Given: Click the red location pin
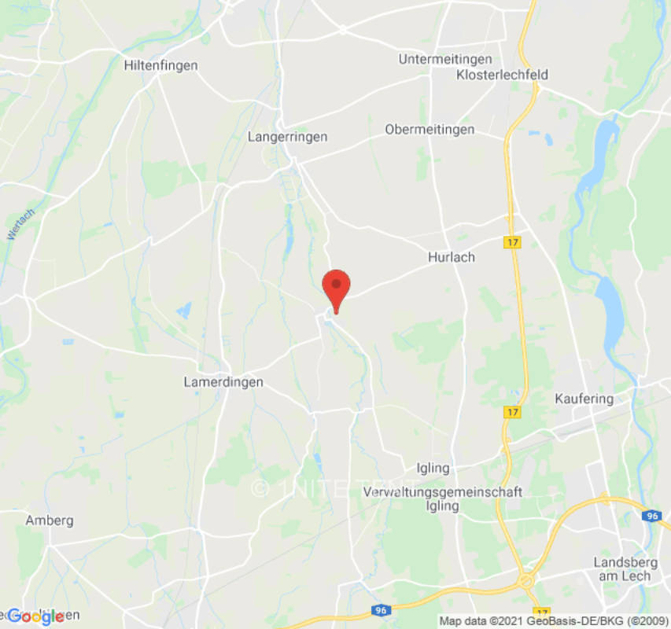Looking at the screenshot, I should point(337,287).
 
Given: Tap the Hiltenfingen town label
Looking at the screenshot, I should point(160,66).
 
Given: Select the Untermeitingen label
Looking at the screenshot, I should point(445,60).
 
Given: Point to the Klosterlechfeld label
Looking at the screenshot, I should point(502,75).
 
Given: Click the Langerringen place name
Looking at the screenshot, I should point(287,137).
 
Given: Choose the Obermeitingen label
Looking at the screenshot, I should point(430,130).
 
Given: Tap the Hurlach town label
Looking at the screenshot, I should point(452,257).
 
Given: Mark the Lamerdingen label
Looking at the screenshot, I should point(223,382).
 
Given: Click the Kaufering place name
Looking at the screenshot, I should point(584,399).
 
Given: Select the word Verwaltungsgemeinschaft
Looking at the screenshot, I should point(443,492).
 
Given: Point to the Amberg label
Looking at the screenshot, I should point(50,520).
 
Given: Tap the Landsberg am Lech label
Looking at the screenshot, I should point(622,569).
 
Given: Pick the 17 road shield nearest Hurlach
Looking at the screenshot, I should point(513,243).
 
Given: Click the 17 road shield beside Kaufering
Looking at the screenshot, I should point(513,412).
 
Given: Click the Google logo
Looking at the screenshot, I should point(35,617).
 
